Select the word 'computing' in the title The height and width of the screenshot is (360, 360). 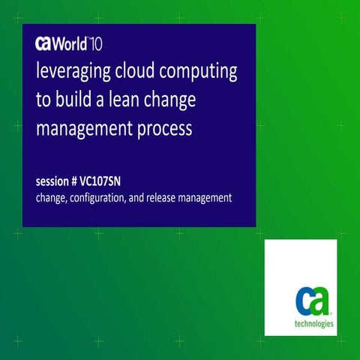pyautogui.click(x=200, y=73)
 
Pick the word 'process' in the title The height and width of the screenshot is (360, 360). pyautogui.click(x=164, y=129)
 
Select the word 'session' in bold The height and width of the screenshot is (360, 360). pyautogui.click(x=54, y=182)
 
